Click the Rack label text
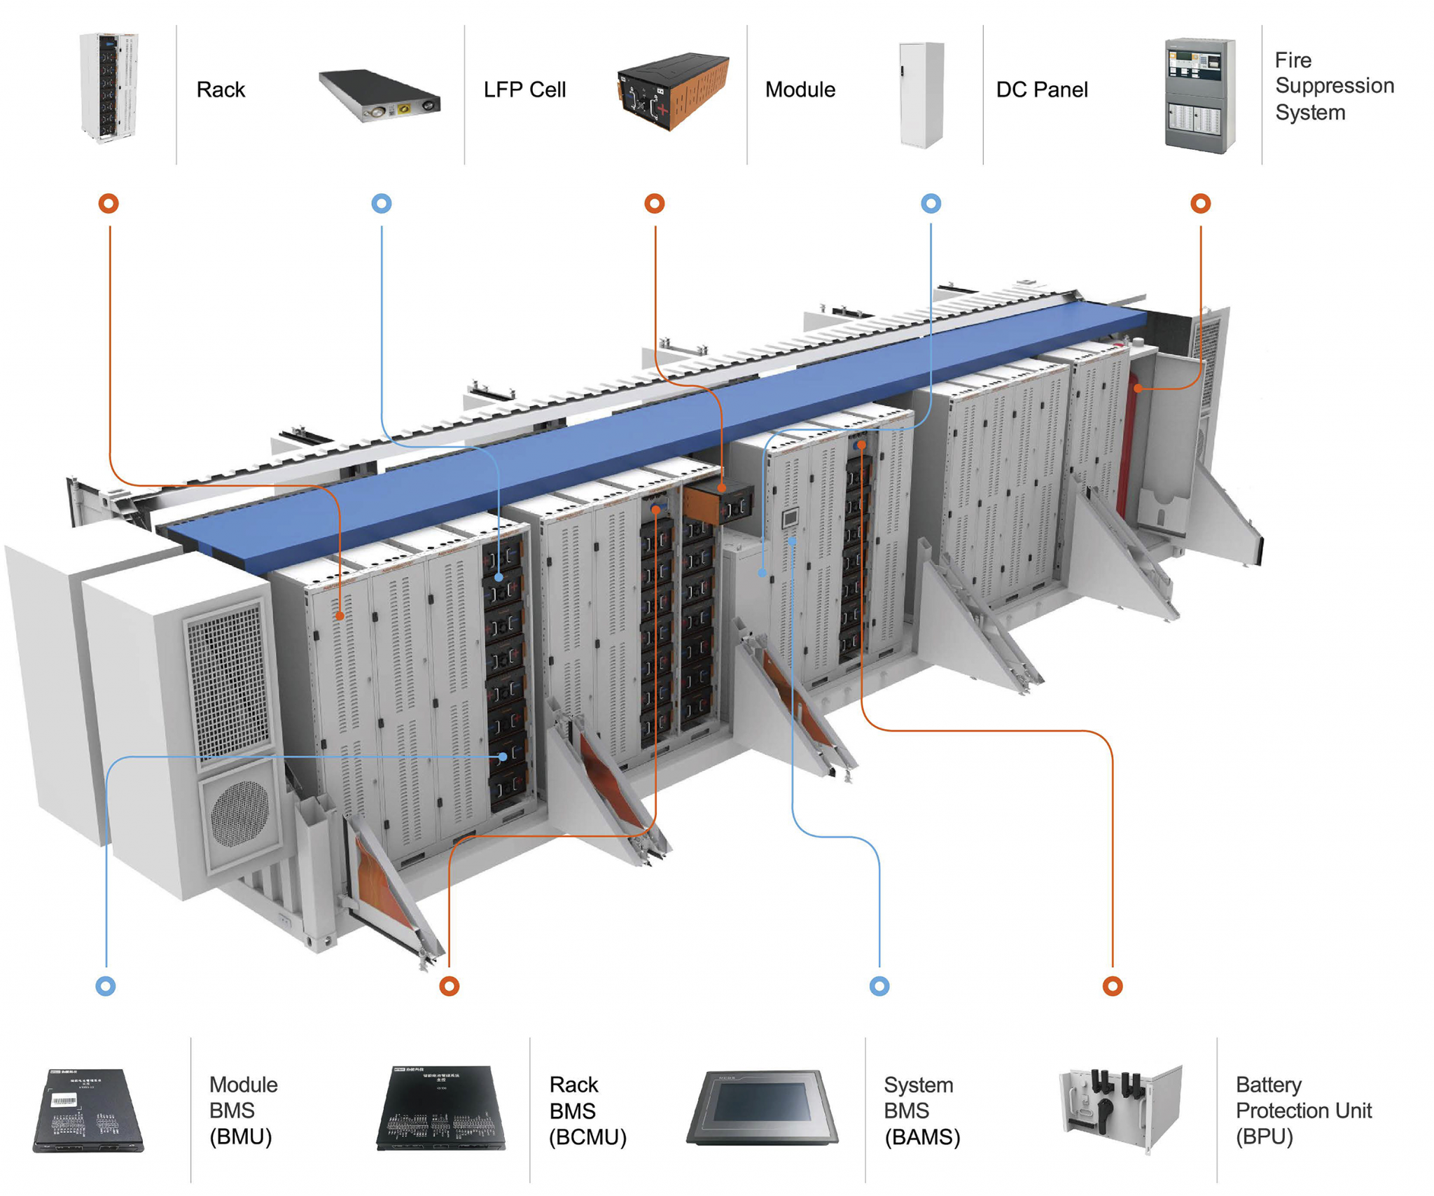(221, 90)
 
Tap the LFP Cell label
(524, 90)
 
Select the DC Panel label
(1041, 90)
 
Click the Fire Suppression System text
(1332, 86)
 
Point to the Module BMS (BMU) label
(243, 1110)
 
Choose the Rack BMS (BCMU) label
(587, 1111)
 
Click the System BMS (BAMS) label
(921, 1111)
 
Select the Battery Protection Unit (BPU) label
(1302, 1111)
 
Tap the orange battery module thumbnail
(672, 91)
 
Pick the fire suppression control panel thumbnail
(1199, 95)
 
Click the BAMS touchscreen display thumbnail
(763, 1106)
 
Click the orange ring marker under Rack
(109, 204)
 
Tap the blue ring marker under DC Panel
(931, 204)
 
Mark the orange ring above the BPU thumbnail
(1113, 986)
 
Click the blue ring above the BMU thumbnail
(106, 986)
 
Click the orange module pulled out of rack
(718, 502)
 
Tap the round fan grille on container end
(240, 812)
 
